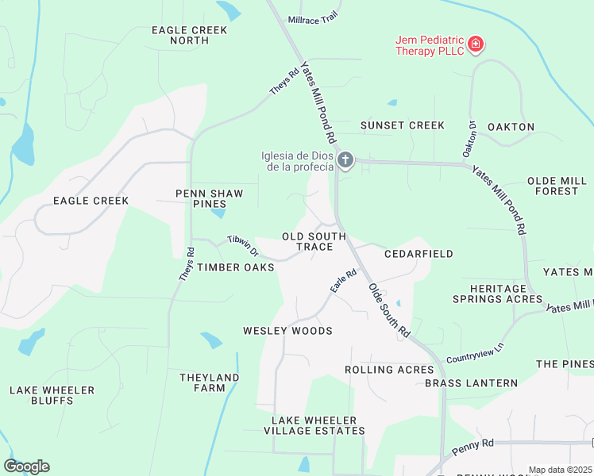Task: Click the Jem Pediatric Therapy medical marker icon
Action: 475,44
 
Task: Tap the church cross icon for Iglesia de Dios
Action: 345,161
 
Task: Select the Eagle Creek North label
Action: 190,36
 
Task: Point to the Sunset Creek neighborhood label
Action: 403,125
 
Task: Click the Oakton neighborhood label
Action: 511,127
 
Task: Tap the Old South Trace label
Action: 314,242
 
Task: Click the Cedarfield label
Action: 418,254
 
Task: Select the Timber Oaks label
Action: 236,267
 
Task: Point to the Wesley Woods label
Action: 287,330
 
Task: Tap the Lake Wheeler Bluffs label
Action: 52,395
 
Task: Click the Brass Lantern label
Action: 471,383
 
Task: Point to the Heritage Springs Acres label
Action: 498,294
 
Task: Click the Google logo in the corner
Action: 26,466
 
